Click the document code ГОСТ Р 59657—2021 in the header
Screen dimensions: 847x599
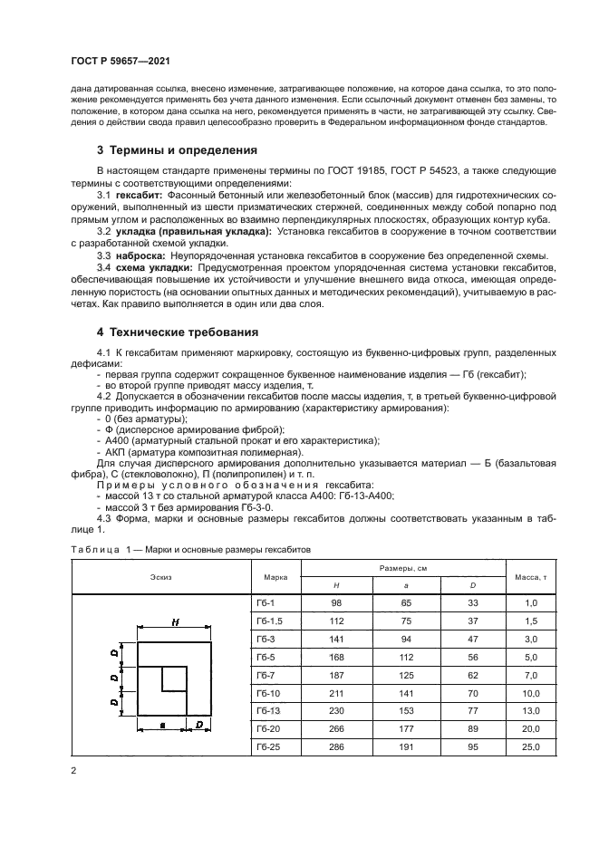(121, 61)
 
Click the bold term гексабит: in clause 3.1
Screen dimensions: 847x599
(139, 195)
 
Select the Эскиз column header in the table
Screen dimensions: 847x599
(161, 576)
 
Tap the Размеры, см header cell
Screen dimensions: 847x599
(402, 567)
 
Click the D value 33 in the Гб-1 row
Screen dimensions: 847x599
(470, 602)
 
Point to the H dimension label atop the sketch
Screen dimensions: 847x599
(173, 622)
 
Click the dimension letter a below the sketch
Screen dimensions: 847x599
(161, 725)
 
